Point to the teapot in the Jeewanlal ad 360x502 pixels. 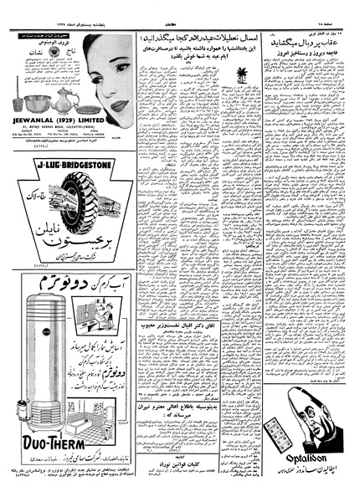67,82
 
